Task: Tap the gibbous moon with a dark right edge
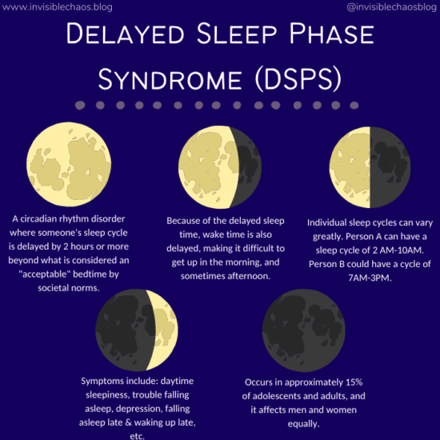click(x=219, y=165)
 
